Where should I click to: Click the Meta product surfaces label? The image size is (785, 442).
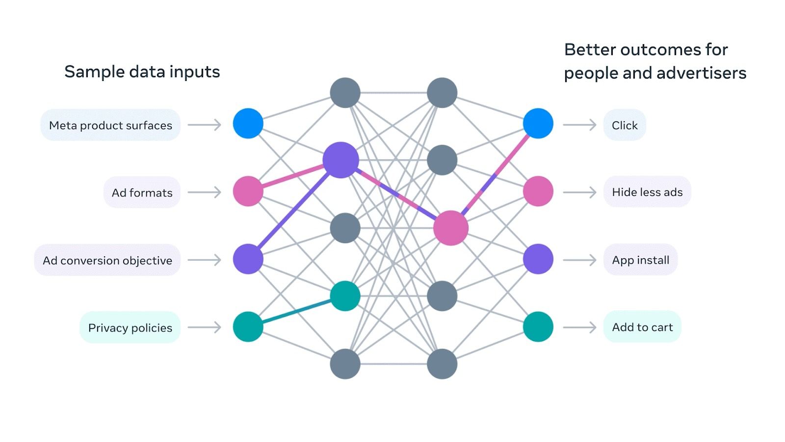110,125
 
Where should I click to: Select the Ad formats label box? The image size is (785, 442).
142,193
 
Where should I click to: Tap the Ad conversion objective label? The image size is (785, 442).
107,260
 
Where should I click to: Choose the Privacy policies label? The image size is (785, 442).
130,328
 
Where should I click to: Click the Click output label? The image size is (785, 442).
625,125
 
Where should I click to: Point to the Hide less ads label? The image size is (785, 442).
647,192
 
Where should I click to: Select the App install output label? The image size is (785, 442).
640,260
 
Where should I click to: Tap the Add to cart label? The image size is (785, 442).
642,327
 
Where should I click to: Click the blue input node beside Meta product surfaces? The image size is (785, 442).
248,123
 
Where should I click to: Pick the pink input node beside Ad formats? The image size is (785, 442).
248,191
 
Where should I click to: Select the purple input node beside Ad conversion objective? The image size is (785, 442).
248,259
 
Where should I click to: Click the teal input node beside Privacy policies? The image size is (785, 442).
248,327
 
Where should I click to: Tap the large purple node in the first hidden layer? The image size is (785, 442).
341,160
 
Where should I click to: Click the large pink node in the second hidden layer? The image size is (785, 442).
451,228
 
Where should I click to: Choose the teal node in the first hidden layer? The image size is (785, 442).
345,296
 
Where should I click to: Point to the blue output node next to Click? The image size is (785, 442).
538,123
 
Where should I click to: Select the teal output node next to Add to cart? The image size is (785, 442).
538,327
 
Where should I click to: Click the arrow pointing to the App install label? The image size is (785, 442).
579,260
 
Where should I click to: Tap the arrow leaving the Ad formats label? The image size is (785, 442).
205,193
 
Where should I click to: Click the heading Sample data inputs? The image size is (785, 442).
142,72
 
